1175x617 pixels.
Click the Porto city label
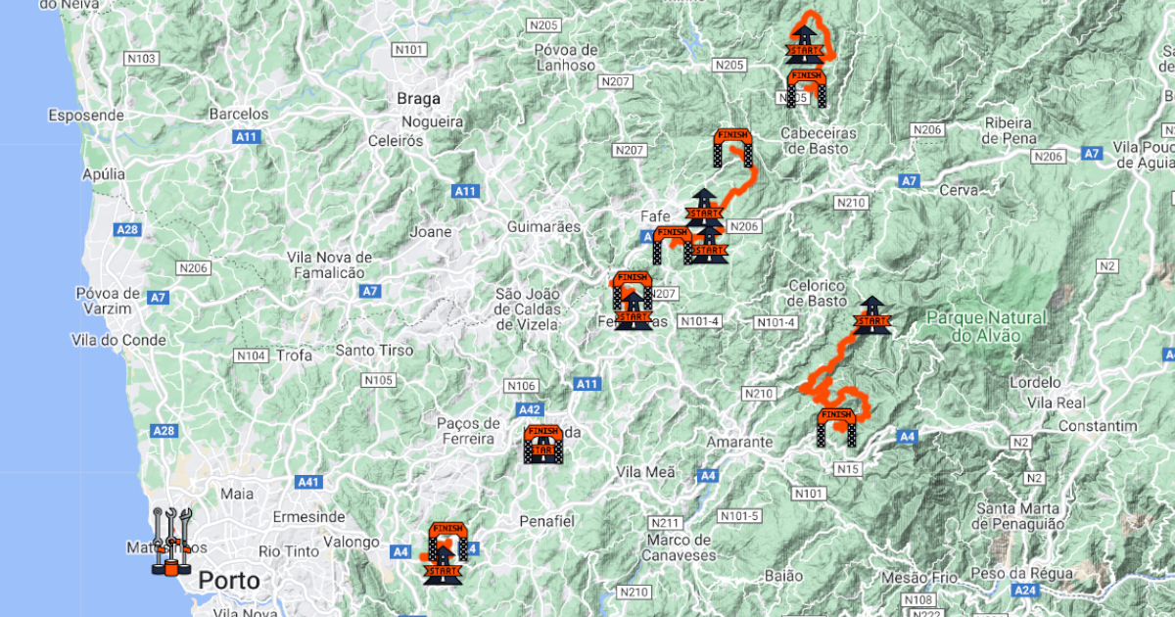(x=229, y=581)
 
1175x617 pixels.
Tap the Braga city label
(x=418, y=99)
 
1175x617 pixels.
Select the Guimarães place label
(x=543, y=227)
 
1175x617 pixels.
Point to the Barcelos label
(x=238, y=114)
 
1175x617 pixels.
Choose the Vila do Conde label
(x=118, y=340)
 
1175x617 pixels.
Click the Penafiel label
(x=549, y=521)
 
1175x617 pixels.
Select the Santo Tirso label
(x=374, y=350)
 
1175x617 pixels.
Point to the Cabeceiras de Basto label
(x=819, y=140)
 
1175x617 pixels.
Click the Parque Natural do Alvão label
(x=985, y=326)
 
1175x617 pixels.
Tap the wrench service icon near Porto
(x=171, y=542)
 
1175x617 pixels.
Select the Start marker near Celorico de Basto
(x=870, y=316)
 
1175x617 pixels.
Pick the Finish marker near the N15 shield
(x=836, y=427)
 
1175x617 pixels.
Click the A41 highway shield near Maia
(x=308, y=482)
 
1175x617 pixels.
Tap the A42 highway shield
(x=529, y=409)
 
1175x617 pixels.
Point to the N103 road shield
(x=142, y=59)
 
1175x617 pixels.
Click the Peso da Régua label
(x=1024, y=573)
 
